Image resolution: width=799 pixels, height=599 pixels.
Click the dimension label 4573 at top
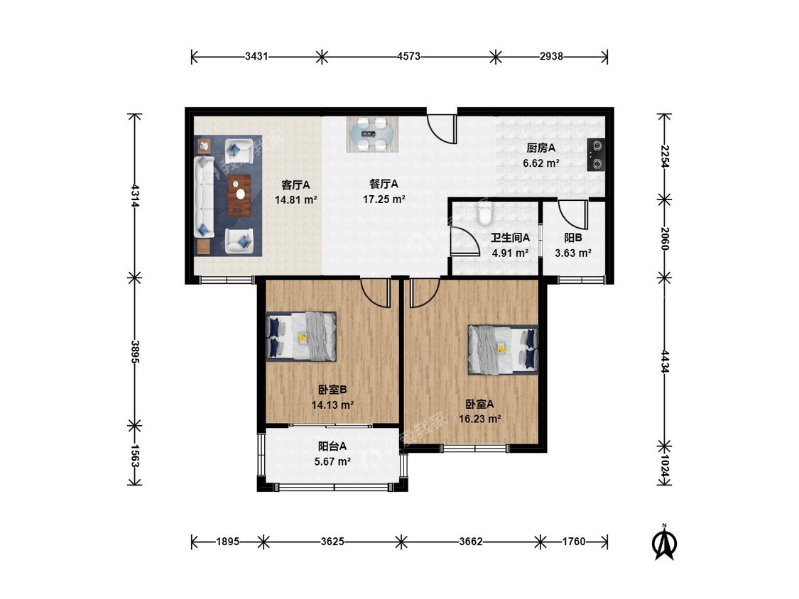point(408,56)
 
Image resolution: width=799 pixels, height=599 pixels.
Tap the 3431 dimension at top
point(256,56)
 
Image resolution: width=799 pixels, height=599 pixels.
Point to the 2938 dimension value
point(551,56)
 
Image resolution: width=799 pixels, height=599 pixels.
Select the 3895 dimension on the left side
point(134,352)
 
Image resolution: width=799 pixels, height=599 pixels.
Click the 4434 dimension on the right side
point(665,361)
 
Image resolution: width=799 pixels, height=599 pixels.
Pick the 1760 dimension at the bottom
point(574,542)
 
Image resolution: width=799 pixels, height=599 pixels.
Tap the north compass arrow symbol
point(665,542)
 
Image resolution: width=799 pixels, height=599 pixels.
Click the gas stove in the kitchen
point(596,155)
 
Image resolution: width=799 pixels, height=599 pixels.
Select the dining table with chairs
point(371,134)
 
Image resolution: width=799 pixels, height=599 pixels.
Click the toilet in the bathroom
point(486,213)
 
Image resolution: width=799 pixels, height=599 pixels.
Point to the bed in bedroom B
point(301,336)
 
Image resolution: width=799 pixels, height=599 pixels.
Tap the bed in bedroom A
point(504,350)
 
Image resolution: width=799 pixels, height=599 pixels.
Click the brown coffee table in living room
point(239,195)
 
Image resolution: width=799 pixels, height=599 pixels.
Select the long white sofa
point(204,197)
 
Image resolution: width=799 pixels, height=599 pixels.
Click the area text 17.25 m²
point(384,199)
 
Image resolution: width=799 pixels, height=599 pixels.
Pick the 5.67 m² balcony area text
point(332,462)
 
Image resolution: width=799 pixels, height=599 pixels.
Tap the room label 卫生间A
point(510,238)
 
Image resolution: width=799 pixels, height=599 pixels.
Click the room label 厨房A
point(540,148)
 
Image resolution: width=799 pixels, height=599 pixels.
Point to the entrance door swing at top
point(441,129)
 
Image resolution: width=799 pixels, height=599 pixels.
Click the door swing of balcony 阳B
point(573,214)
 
